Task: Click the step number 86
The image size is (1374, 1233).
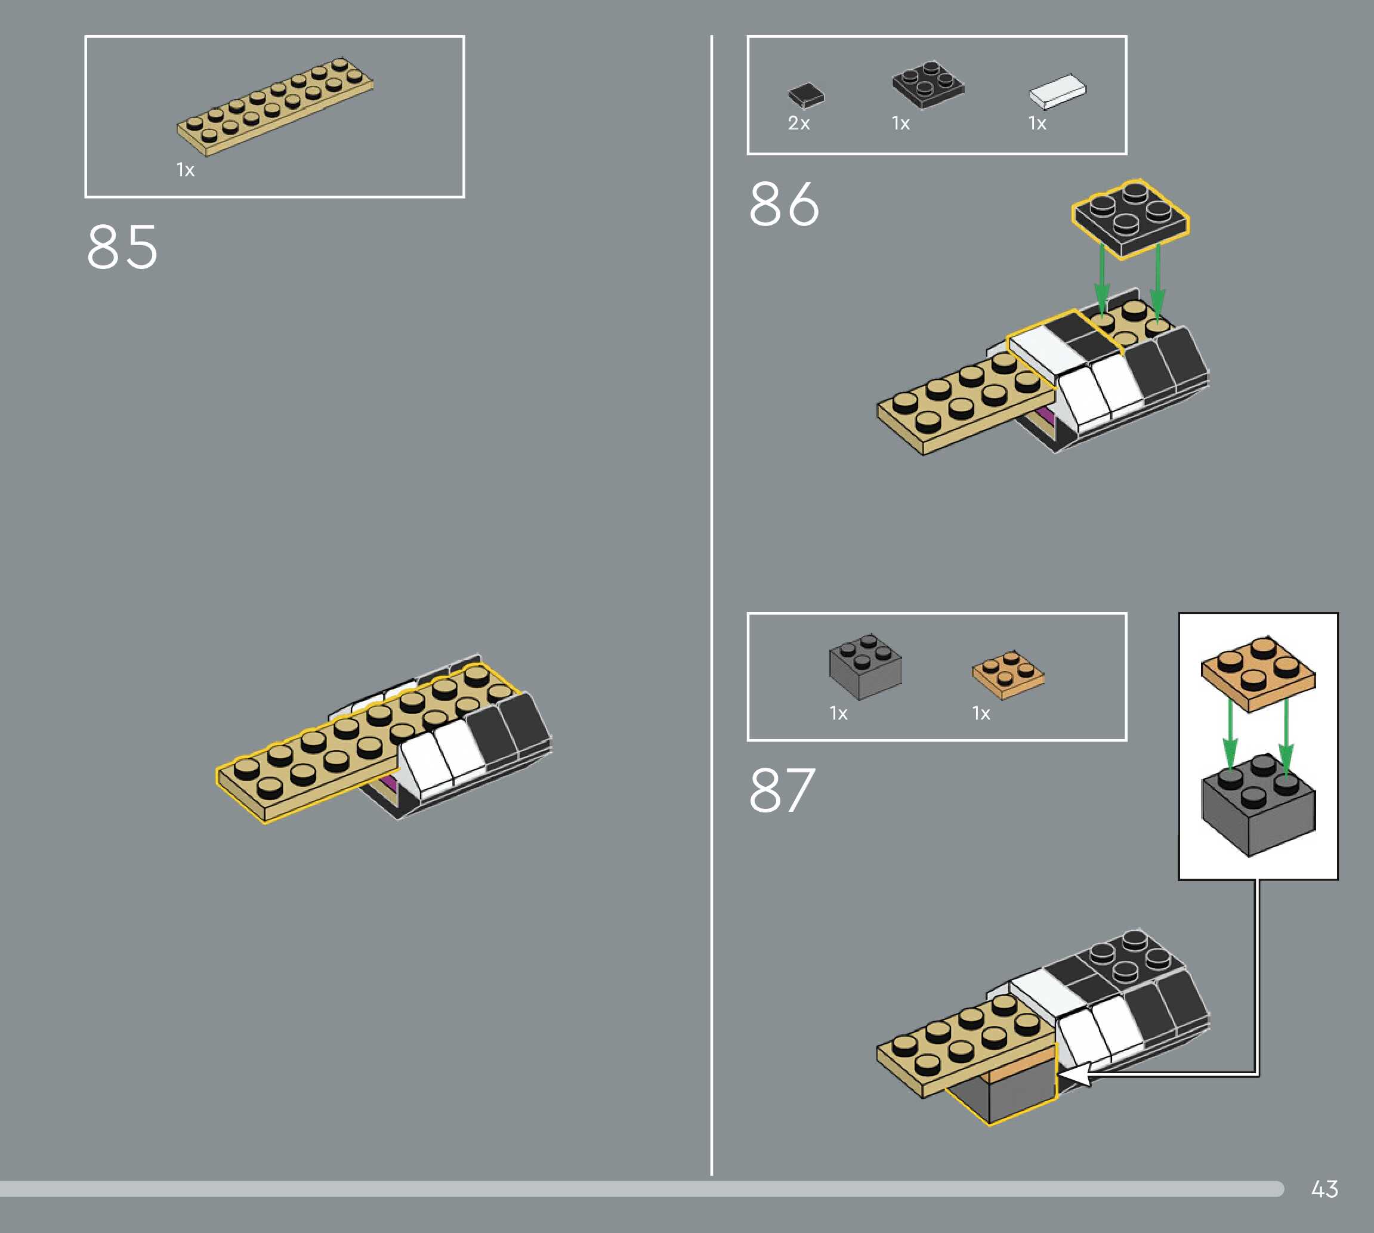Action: pyautogui.click(x=784, y=204)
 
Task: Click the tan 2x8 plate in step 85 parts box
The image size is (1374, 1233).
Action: pyautogui.click(x=275, y=107)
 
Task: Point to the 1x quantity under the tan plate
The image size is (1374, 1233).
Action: pyautogui.click(x=186, y=170)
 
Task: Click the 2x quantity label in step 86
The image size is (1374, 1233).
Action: pyautogui.click(x=799, y=123)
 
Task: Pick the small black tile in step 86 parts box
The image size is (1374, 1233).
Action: pyautogui.click(x=806, y=95)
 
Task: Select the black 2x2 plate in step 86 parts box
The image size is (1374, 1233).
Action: pyautogui.click(x=928, y=84)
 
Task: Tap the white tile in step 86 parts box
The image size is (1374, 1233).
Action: pyautogui.click(x=1057, y=91)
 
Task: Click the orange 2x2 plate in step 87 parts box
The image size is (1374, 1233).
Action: pyautogui.click(x=1008, y=675)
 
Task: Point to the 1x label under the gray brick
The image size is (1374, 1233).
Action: pyautogui.click(x=839, y=713)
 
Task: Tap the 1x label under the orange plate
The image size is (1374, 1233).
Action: pyautogui.click(x=981, y=713)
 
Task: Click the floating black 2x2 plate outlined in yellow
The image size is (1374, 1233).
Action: pyautogui.click(x=1130, y=218)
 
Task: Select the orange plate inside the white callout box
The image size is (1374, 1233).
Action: pyautogui.click(x=1258, y=673)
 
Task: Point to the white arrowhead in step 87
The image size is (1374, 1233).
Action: pyautogui.click(x=1075, y=1075)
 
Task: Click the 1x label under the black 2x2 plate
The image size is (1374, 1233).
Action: pyautogui.click(x=900, y=123)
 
